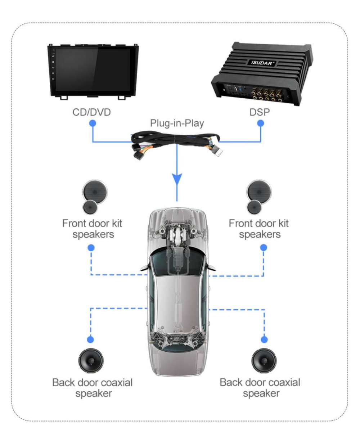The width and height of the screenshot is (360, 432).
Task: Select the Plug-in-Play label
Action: pyautogui.click(x=177, y=124)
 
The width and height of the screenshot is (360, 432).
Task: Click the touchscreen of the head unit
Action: pyautogui.click(x=94, y=70)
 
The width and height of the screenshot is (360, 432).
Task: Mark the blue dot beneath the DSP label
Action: pyautogui.click(x=261, y=123)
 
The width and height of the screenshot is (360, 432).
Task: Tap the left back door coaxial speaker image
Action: pyautogui.click(x=91, y=362)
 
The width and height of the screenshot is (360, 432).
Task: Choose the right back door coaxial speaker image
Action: pyautogui.click(x=265, y=362)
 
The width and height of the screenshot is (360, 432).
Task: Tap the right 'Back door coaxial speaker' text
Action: pyautogui.click(x=260, y=387)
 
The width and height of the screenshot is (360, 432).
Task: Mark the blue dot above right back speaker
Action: pyautogui.click(x=265, y=339)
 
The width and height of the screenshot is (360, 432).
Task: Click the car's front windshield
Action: pyautogui.click(x=177, y=261)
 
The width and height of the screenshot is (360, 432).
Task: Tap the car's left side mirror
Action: pyautogui.click(x=144, y=267)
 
